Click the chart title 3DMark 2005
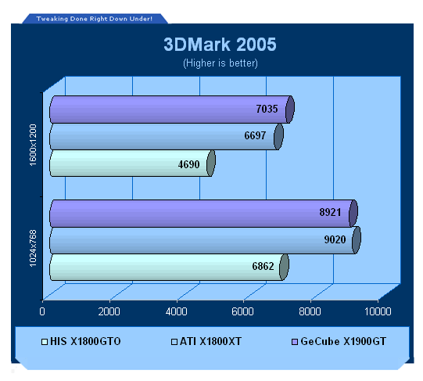click(220, 45)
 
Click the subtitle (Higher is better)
click(220, 63)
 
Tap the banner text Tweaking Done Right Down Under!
click(95, 19)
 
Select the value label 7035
click(267, 109)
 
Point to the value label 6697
click(255, 135)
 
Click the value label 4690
click(189, 164)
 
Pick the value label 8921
click(330, 212)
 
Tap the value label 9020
click(335, 239)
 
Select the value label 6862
click(263, 266)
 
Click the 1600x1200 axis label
click(33, 145)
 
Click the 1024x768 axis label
click(33, 249)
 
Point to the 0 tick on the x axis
click(42, 311)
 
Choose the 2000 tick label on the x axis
click(109, 311)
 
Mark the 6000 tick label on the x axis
click(243, 311)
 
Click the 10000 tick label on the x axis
click(378, 311)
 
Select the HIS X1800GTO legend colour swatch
click(45, 342)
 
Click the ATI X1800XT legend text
click(210, 341)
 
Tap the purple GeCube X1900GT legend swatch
click(295, 342)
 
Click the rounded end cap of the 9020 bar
click(357, 240)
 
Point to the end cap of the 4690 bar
click(211, 164)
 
